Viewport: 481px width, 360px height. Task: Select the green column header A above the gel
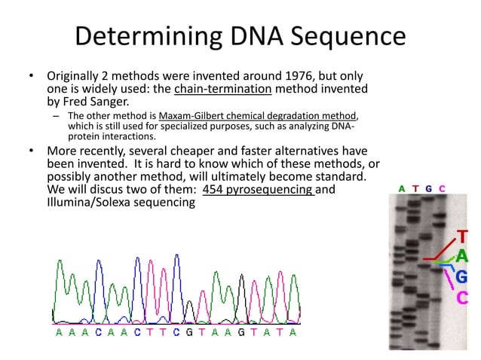point(402,188)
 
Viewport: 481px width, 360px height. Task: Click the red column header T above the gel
point(415,188)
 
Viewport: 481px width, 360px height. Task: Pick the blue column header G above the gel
point(429,188)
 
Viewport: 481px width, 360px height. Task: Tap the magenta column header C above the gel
point(443,188)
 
